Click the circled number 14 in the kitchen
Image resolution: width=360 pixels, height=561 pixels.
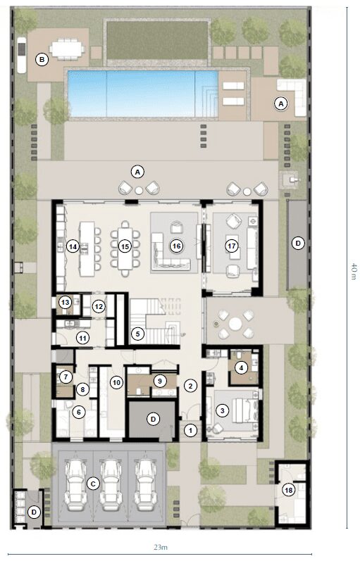(73, 246)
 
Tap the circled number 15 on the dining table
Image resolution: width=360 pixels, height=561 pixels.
(125, 246)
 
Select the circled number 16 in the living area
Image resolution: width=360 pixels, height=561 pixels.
(176, 246)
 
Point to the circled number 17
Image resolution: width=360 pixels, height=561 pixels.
(230, 246)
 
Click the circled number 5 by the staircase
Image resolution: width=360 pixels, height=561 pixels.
(138, 333)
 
